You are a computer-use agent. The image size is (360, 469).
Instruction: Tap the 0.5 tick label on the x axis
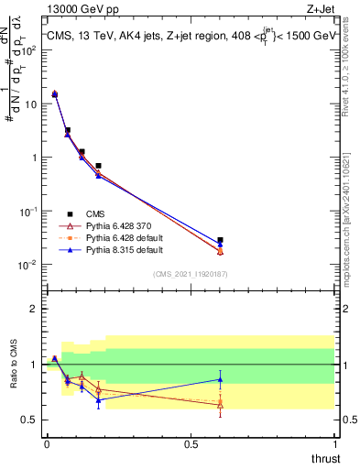click(x=191, y=442)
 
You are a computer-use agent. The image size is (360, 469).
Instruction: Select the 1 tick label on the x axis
click(x=334, y=442)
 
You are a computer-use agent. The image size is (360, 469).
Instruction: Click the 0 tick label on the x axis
click(x=47, y=442)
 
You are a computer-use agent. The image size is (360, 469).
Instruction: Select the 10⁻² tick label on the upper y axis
click(x=28, y=265)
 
